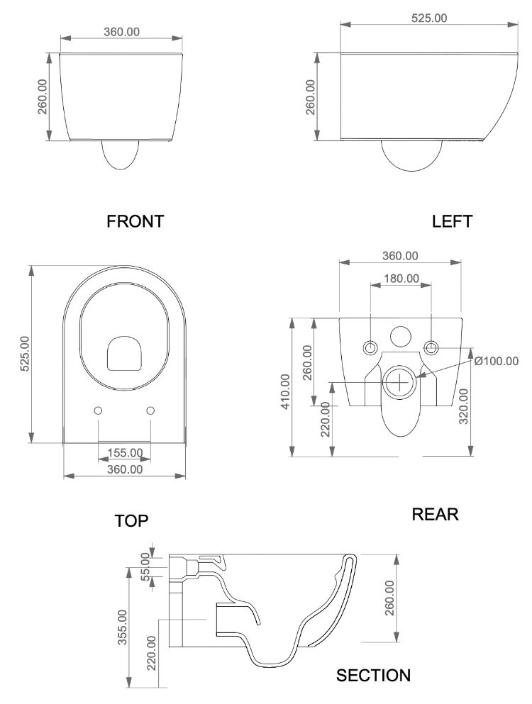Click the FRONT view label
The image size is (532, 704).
click(x=135, y=221)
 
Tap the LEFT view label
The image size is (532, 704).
click(x=452, y=221)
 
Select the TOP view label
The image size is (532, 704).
click(x=132, y=521)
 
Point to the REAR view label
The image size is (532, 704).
click(x=436, y=514)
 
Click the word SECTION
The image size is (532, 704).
click(x=373, y=676)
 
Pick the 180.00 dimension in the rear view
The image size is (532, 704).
click(x=401, y=278)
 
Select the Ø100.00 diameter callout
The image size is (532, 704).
click(x=496, y=361)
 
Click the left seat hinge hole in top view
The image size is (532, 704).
click(x=98, y=410)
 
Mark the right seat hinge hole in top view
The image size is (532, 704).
click(x=150, y=410)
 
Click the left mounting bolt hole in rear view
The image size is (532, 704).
click(x=370, y=347)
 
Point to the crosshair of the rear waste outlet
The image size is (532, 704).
click(x=401, y=382)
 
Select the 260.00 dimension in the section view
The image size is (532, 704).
click(x=389, y=598)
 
